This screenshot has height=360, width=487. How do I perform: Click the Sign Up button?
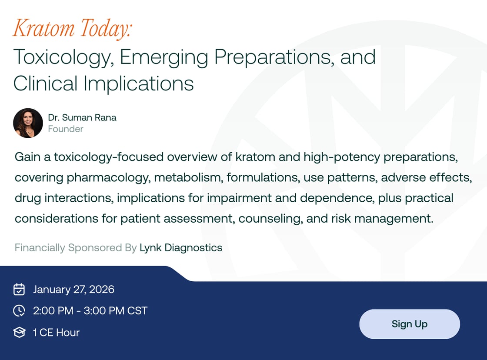pos(409,324)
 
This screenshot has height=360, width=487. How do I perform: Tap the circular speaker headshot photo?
pos(28,123)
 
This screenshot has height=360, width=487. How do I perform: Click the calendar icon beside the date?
pos(19,290)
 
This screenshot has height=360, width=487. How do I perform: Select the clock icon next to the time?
pos(19,311)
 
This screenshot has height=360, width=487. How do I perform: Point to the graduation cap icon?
pos(19,333)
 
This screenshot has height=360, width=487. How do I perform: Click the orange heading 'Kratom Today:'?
pos(73,29)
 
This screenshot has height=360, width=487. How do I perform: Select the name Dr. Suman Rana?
pos(82,117)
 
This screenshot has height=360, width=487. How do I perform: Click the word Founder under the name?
pos(66,129)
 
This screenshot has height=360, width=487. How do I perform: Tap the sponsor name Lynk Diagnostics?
pos(181,248)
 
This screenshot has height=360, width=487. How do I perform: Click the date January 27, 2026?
pos(73,290)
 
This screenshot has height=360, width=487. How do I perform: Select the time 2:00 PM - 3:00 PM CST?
pos(90,311)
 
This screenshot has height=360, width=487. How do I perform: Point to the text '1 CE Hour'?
pos(56,333)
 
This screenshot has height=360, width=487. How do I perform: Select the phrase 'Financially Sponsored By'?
pos(76,248)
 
